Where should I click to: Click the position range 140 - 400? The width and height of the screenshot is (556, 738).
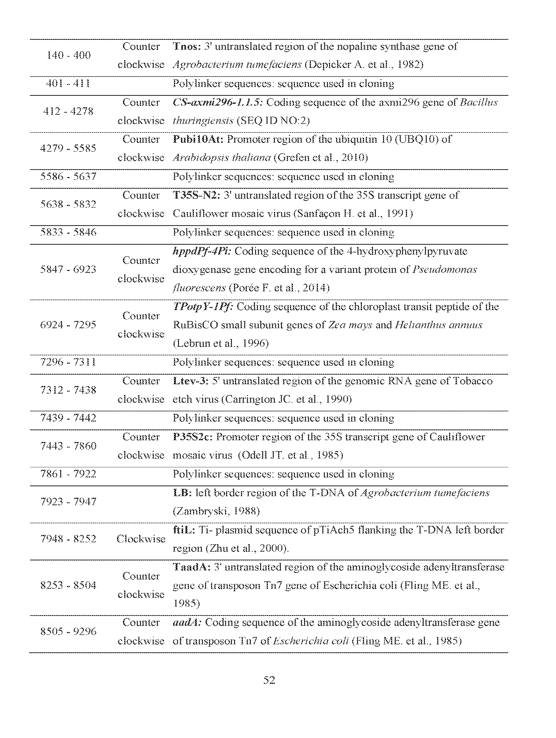point(69,55)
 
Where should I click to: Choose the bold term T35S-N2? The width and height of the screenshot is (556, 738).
point(196,195)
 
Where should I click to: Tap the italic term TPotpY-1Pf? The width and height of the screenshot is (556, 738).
point(203,307)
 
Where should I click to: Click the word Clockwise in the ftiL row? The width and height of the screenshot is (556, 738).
point(141,539)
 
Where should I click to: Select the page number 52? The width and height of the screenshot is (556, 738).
point(269,680)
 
